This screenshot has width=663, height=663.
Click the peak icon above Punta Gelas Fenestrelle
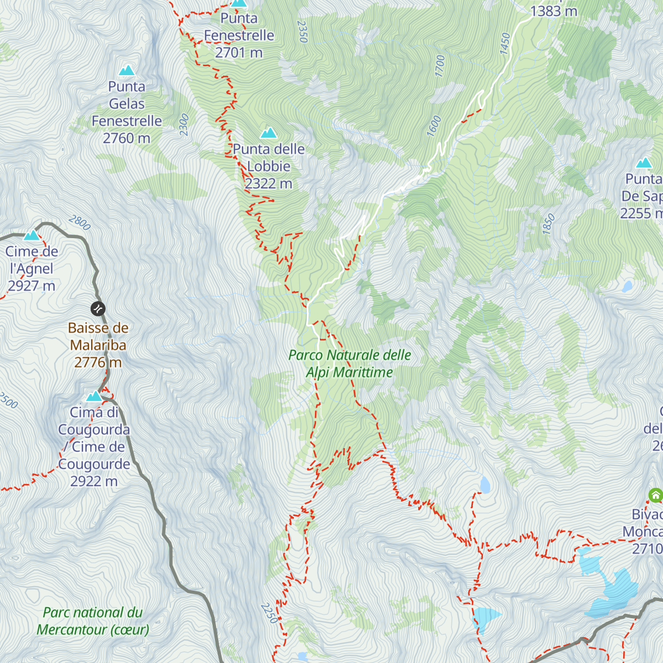click(127, 70)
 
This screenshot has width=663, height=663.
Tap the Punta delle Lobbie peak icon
click(269, 133)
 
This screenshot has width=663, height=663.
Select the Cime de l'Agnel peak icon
click(31, 235)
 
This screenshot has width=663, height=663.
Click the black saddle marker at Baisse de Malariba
click(98, 308)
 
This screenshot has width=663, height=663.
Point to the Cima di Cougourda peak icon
click(94, 396)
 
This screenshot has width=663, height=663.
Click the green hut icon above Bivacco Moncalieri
click(655, 495)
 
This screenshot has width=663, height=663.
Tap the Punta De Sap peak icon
click(644, 162)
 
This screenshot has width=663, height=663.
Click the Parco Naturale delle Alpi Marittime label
click(350, 364)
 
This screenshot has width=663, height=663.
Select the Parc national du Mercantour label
click(93, 621)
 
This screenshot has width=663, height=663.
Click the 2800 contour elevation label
click(80, 223)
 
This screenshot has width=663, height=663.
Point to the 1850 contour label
click(548, 224)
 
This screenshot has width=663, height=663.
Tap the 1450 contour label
click(505, 44)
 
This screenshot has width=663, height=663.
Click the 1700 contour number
click(440, 66)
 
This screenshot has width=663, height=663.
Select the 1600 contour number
click(434, 126)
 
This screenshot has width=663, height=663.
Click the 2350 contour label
click(302, 31)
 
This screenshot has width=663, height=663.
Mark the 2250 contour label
click(269, 613)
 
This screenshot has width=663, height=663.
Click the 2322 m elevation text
click(269, 183)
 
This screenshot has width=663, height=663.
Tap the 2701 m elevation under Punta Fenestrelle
click(239, 52)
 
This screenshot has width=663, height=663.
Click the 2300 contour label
click(184, 125)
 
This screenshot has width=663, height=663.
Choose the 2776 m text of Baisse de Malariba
click(98, 362)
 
